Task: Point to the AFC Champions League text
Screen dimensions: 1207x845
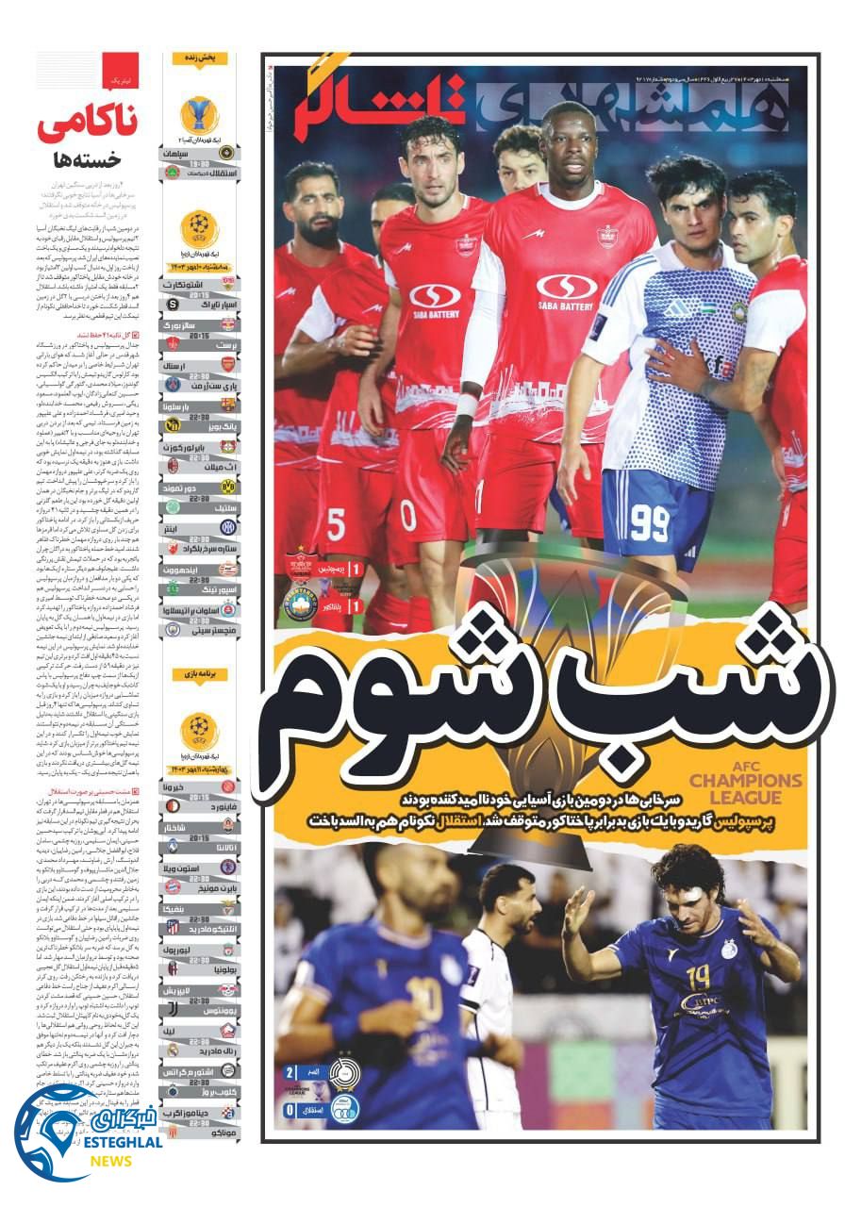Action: (746, 789)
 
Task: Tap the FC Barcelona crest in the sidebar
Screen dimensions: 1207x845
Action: (227, 405)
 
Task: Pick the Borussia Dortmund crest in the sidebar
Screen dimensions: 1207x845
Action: (227, 486)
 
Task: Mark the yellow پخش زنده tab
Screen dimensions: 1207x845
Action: (200, 58)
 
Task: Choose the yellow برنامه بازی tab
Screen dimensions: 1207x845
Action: (200, 674)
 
